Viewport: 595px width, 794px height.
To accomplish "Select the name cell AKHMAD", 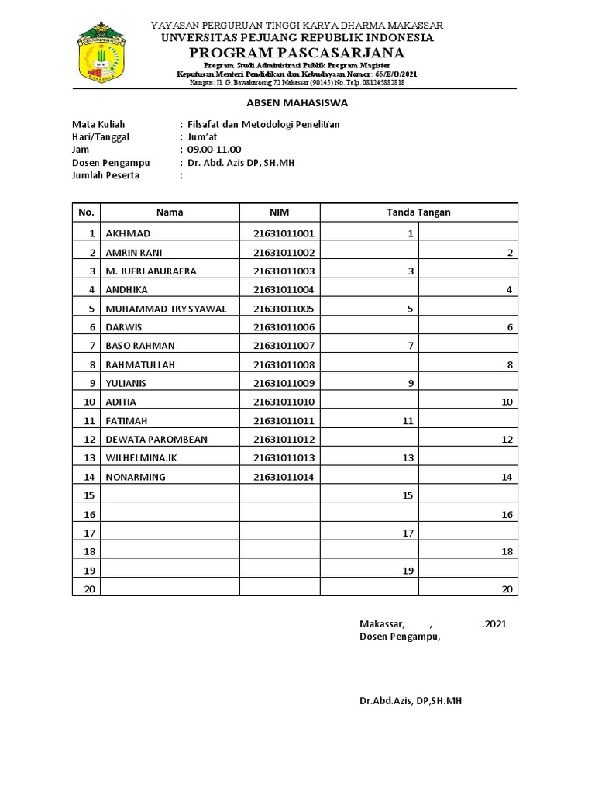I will coord(128,233).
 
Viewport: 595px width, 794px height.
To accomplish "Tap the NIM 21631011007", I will coord(284,346).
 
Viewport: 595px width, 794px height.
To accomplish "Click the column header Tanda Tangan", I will coord(418,212).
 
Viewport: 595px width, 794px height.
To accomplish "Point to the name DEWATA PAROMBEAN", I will coord(156,440).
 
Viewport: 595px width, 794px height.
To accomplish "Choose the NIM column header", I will coord(279,212).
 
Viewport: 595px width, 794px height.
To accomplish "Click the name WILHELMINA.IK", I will coord(142,458).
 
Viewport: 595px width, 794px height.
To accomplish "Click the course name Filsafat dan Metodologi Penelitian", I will coord(263,124).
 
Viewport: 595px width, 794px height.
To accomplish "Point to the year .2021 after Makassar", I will coord(494,623).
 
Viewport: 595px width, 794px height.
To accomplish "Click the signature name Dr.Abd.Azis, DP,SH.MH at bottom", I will coord(411,700).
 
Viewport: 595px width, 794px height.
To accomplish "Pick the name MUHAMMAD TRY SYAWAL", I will coord(166,309).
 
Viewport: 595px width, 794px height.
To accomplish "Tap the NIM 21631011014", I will coord(284,477).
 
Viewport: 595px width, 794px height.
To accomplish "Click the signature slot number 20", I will coord(507,590).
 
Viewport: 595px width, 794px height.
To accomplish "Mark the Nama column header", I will coord(170,212).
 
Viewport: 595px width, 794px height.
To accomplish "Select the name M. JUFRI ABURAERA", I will coord(151,271).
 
